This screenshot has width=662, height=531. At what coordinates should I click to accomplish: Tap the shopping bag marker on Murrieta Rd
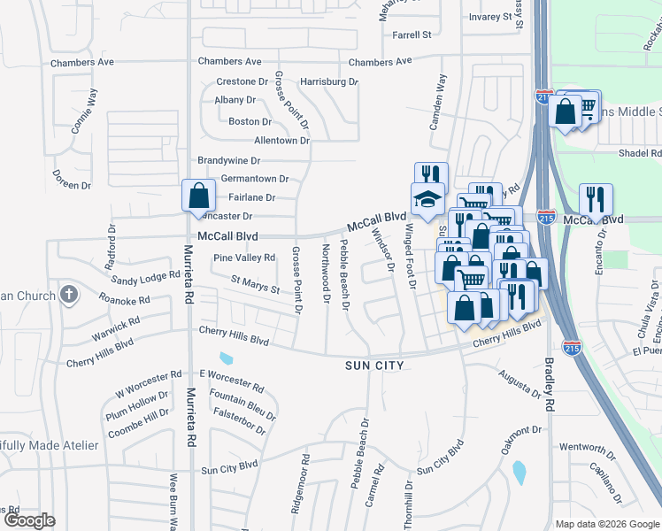point(199,195)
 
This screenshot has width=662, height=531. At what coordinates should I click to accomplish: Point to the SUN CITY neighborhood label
point(374,366)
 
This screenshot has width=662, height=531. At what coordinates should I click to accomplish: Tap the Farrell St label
point(412,35)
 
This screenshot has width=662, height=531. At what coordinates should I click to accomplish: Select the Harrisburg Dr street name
point(328,81)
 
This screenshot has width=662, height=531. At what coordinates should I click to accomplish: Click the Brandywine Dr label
point(229,161)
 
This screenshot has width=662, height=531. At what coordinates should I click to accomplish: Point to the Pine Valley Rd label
point(244,258)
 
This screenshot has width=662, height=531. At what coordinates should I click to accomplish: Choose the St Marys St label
point(255,285)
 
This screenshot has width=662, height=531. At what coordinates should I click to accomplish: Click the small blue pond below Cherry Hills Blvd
point(227,359)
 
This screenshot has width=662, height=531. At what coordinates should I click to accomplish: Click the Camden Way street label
point(437,103)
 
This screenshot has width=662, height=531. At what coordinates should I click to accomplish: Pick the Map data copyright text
point(607,524)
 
